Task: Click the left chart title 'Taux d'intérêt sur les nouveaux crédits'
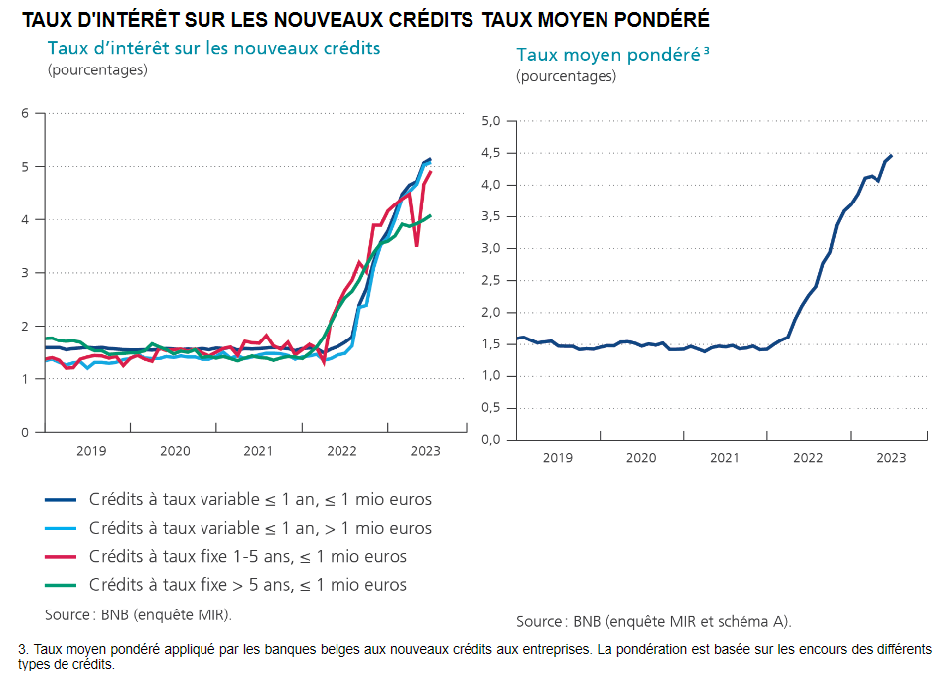tap(213, 48)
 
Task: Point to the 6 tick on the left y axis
tap(25, 113)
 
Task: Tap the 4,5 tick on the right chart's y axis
tap(491, 153)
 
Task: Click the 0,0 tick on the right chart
tap(491, 440)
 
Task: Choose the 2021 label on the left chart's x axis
tap(258, 451)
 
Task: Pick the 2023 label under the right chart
tap(890, 458)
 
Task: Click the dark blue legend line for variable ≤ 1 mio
tap(61, 500)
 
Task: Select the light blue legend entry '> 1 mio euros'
tap(260, 528)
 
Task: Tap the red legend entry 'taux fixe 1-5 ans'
tap(247, 556)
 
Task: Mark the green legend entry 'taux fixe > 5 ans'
tap(247, 584)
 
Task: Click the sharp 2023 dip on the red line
tap(416, 245)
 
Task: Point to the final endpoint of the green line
tap(430, 215)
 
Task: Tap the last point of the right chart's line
tap(891, 155)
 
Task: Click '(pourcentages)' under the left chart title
tap(96, 69)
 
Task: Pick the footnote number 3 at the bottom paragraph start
tap(22, 649)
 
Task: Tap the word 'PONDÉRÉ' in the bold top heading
tap(666, 20)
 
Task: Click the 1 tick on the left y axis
tap(25, 379)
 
